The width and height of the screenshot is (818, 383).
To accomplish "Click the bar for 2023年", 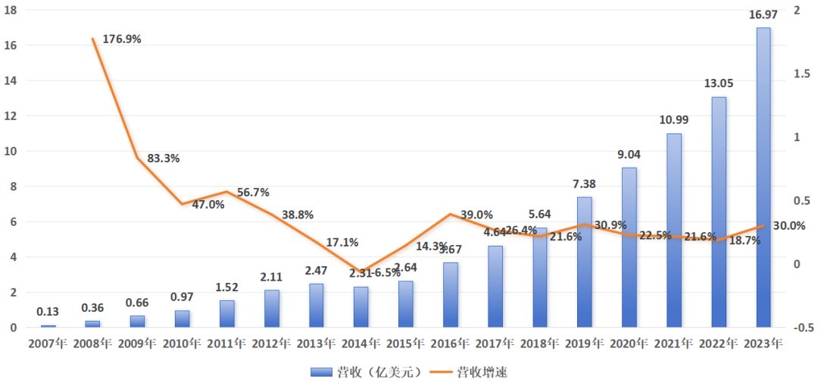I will (763, 177).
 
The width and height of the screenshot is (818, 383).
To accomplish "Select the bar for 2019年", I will (584, 262).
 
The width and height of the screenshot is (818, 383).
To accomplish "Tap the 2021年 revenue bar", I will (673, 231).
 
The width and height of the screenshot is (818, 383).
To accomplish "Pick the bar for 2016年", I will (450, 295).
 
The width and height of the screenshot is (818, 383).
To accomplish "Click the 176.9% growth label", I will (121, 39).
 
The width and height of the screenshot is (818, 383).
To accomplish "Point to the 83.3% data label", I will (162, 159).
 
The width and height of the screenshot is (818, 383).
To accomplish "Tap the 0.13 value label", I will (48, 312).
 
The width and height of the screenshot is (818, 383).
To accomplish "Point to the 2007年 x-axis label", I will (48, 343).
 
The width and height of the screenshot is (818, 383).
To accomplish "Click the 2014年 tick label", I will (361, 343).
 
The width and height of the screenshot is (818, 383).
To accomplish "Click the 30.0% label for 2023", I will (789, 226).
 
